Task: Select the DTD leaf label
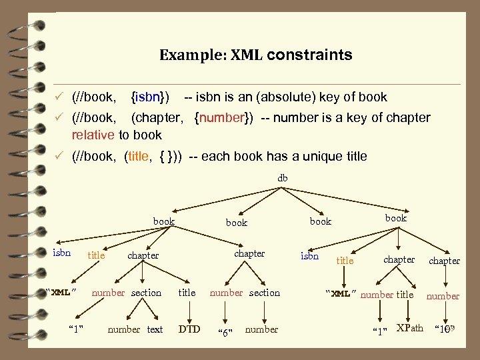click(x=190, y=329)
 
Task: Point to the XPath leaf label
click(x=409, y=327)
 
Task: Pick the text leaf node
click(x=155, y=329)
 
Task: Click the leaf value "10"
click(x=443, y=329)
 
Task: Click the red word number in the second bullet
click(x=223, y=118)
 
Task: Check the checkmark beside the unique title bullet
click(x=59, y=157)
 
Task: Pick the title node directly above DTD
click(x=187, y=293)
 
